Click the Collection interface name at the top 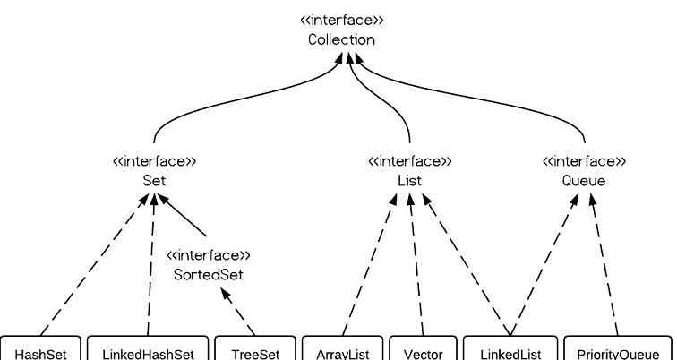341,39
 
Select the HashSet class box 40,348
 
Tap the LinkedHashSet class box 148,348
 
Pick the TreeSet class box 255,348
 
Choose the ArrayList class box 342,348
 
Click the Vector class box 423,348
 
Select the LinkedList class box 510,348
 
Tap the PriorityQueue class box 618,348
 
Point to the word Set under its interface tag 154,180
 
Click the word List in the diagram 409,180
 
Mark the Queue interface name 584,180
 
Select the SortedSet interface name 208,275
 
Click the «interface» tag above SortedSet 208,255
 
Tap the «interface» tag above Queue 584,161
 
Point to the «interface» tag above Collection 341,21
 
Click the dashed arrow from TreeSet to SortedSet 238,312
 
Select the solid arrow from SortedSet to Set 182,215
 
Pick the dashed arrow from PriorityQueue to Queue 604,264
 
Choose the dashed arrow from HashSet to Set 94,264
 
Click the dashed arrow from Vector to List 416,264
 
